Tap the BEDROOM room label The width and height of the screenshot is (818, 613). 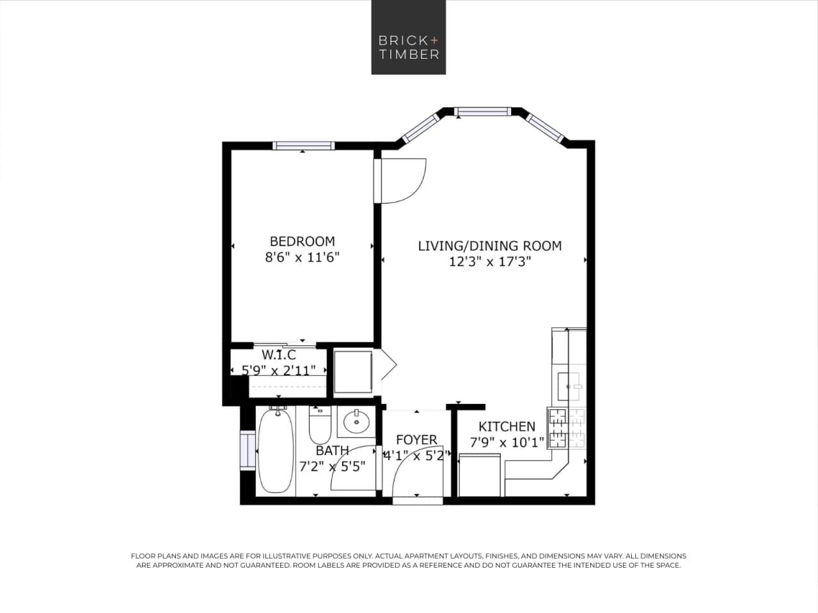(302, 241)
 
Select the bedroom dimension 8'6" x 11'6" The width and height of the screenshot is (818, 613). (302, 258)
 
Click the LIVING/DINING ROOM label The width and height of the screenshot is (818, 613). (489, 245)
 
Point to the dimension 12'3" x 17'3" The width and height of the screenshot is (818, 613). (490, 261)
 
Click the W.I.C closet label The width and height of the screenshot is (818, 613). (279, 355)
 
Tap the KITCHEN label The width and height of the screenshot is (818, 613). (507, 426)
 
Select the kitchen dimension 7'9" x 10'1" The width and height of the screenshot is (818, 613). (507, 442)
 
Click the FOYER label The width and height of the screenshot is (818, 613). (416, 440)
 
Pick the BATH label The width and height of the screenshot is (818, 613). (332, 451)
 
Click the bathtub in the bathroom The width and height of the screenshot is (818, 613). (276, 451)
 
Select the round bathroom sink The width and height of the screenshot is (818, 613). (355, 421)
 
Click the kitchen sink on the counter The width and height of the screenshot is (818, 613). (569, 385)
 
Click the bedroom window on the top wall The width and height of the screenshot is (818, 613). (303, 146)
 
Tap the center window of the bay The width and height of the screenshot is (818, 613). (483, 113)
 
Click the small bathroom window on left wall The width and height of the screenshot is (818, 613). (246, 451)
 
